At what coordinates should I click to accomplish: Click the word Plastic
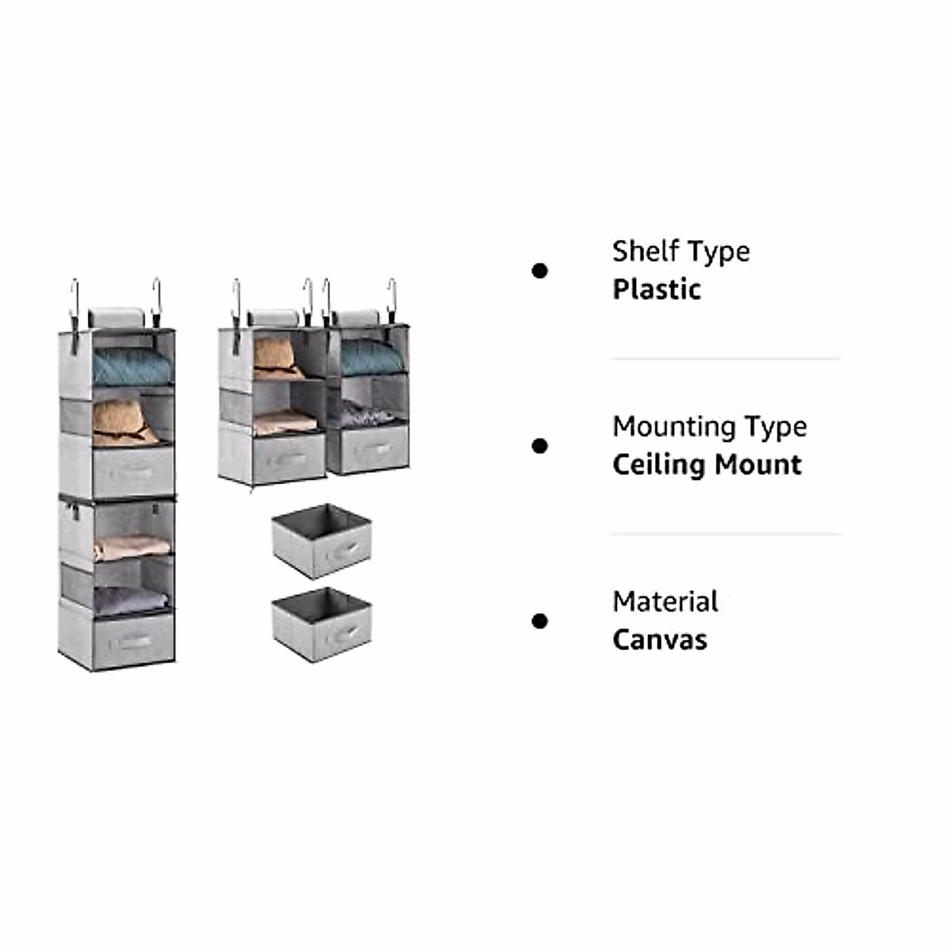pyautogui.click(x=656, y=290)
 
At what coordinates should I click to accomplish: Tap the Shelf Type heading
pyautogui.click(x=681, y=251)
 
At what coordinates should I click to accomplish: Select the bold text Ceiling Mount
pyautogui.click(x=707, y=465)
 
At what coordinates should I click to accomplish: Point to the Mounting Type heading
pyautogui.click(x=709, y=427)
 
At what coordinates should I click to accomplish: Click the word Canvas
pyautogui.click(x=659, y=640)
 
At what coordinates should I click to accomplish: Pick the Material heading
pyautogui.click(x=665, y=602)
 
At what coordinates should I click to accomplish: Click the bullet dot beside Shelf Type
pyautogui.click(x=539, y=271)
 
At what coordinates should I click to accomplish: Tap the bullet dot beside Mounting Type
pyautogui.click(x=539, y=447)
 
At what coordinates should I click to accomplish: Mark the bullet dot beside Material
pyautogui.click(x=539, y=621)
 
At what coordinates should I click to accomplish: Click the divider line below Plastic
pyautogui.click(x=725, y=359)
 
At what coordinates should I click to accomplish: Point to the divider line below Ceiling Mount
pyautogui.click(x=725, y=535)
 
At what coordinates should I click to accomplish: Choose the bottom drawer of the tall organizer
pyautogui.click(x=132, y=639)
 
